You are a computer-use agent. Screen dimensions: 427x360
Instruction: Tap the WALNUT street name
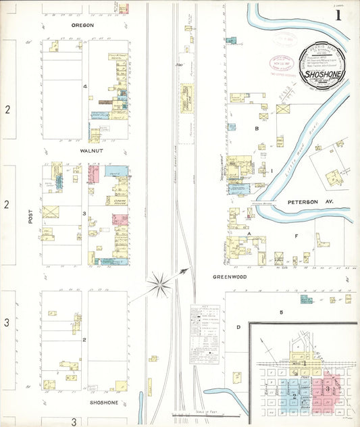tap(91, 151)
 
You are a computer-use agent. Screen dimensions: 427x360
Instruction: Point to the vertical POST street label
tap(30, 220)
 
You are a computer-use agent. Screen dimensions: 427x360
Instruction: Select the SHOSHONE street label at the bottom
tap(104, 402)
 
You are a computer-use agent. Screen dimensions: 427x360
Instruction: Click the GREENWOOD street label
tap(230, 276)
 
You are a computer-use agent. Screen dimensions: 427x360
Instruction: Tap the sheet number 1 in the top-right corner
tap(338, 15)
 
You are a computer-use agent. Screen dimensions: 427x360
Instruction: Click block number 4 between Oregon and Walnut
tap(85, 86)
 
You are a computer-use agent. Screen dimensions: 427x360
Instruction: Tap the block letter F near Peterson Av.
tap(296, 236)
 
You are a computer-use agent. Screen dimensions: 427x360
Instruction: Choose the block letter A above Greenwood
tap(249, 234)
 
